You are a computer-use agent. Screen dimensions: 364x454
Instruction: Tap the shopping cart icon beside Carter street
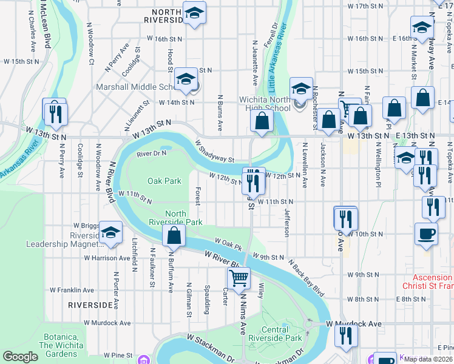click(x=239, y=278)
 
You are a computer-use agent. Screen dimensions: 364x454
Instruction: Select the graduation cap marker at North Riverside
click(x=194, y=13)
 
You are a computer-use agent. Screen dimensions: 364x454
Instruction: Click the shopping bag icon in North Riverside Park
click(x=174, y=235)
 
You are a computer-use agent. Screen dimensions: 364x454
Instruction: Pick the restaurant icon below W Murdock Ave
click(x=346, y=335)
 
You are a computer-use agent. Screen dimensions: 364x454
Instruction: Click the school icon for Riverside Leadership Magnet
click(x=110, y=233)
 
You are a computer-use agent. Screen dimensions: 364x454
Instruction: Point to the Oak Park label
click(x=164, y=181)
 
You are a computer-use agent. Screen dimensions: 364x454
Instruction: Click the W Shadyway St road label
click(x=215, y=152)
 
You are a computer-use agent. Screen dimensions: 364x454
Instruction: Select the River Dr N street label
click(x=151, y=154)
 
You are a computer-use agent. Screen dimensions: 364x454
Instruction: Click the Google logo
click(x=20, y=357)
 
